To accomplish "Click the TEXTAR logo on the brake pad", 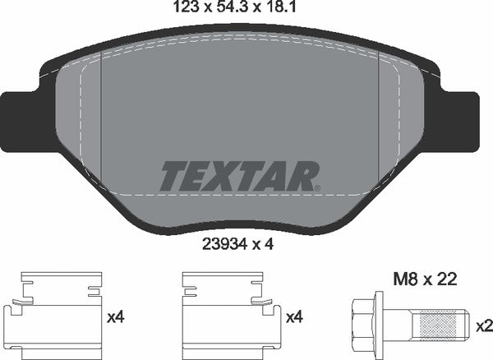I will (238, 175).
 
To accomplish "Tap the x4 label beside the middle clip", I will (294, 316).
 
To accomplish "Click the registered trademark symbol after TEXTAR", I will (318, 188).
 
